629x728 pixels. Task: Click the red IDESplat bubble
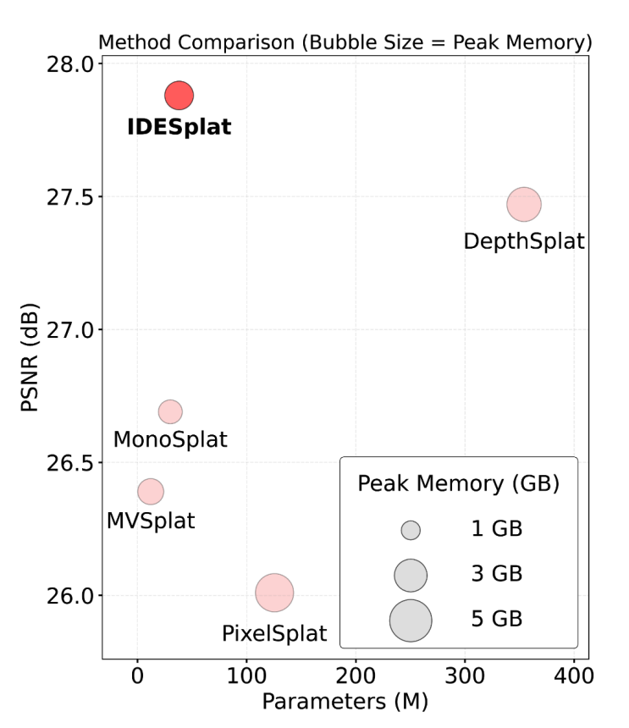point(179,95)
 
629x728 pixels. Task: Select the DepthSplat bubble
point(524,203)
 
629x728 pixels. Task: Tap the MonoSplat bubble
point(170,411)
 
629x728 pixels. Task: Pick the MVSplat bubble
point(150,491)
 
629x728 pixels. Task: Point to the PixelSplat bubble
point(274,593)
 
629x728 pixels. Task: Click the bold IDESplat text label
point(179,128)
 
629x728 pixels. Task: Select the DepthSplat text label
point(524,241)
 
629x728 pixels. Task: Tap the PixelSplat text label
point(274,632)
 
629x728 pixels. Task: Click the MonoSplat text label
point(170,440)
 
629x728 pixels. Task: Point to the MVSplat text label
point(150,520)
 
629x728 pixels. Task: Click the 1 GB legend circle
point(411,530)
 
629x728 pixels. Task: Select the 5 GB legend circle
point(411,620)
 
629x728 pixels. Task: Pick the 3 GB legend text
point(496,575)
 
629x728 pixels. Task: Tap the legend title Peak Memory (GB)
point(458,483)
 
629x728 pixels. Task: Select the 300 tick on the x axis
point(464,677)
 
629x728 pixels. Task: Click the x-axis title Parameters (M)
point(345,702)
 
